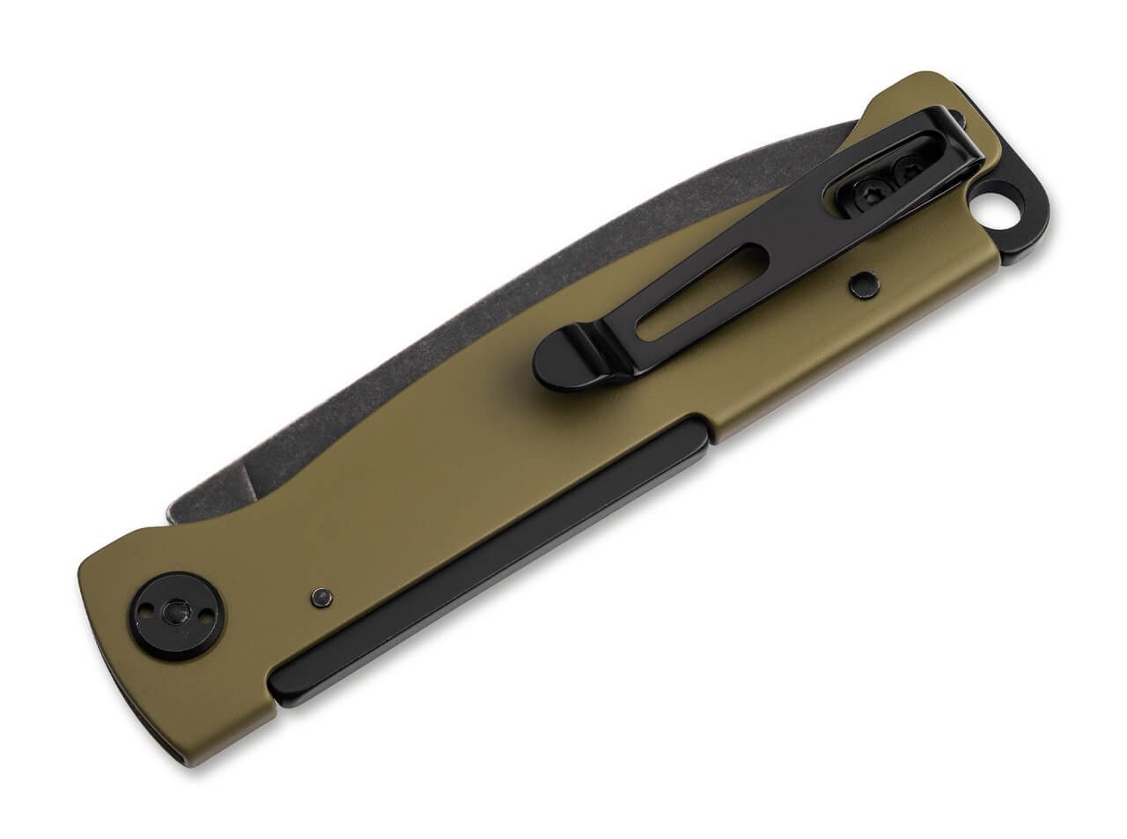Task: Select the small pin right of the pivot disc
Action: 320,596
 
